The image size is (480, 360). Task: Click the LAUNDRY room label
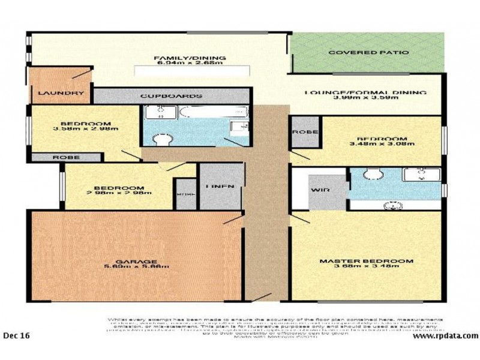[x=61, y=94]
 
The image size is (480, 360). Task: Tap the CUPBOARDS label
[x=170, y=96]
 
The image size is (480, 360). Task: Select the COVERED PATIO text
[x=368, y=53]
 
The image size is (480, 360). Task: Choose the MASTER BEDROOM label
[x=366, y=261]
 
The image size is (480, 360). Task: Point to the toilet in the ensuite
[x=373, y=175]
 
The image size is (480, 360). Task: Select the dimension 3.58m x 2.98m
[x=86, y=128]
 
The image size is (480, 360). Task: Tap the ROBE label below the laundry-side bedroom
[x=65, y=157]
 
